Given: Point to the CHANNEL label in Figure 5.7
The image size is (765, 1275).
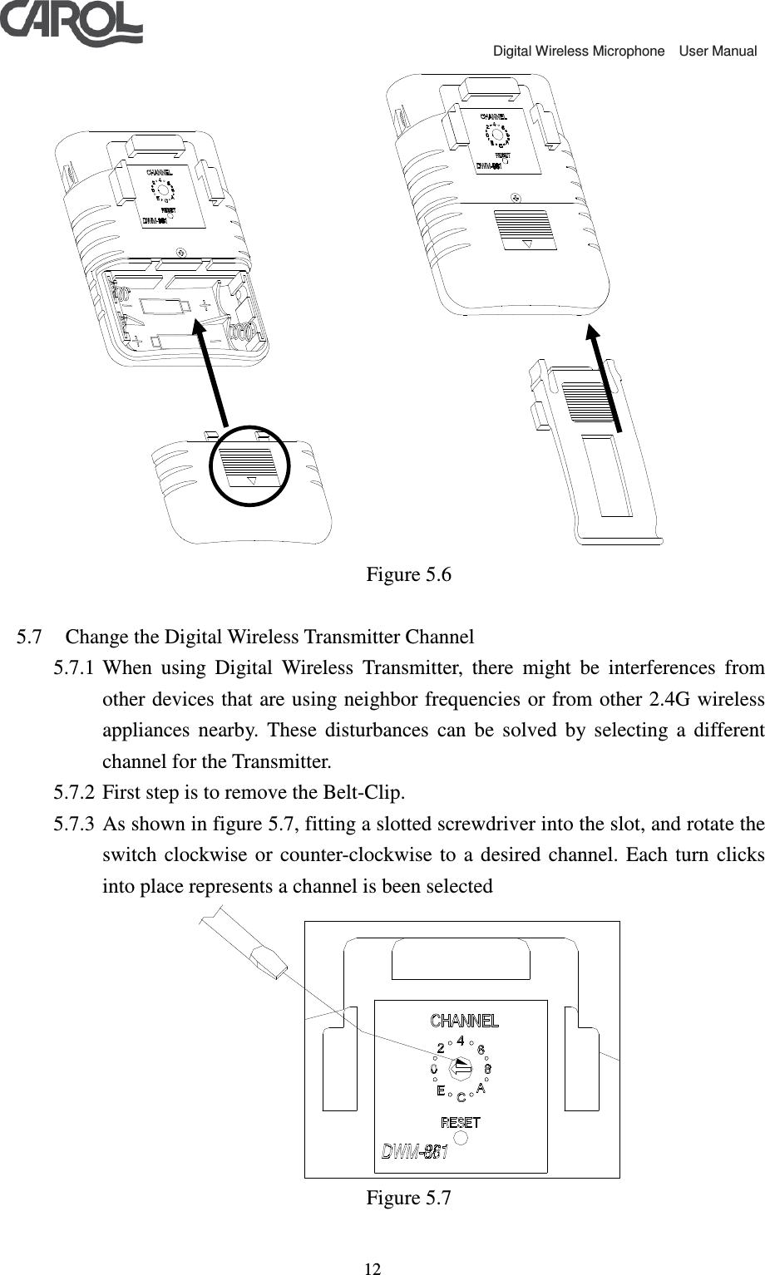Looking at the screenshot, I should click(x=464, y=1021).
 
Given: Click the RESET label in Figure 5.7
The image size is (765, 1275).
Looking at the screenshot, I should click(x=460, y=1122).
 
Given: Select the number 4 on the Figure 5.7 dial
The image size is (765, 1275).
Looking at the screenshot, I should click(x=461, y=1039).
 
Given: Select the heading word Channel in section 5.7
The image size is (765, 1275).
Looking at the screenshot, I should click(x=440, y=638).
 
